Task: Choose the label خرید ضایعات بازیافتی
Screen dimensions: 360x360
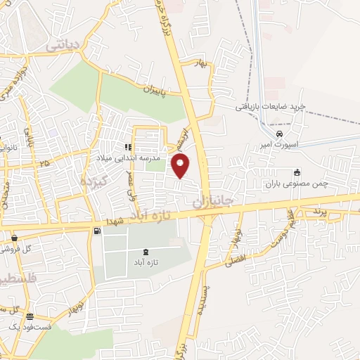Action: [271, 105]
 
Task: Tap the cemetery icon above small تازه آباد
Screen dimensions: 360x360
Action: [146, 252]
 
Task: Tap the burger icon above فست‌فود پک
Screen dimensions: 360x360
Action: [30, 317]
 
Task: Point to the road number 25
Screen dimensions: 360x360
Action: [46, 163]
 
